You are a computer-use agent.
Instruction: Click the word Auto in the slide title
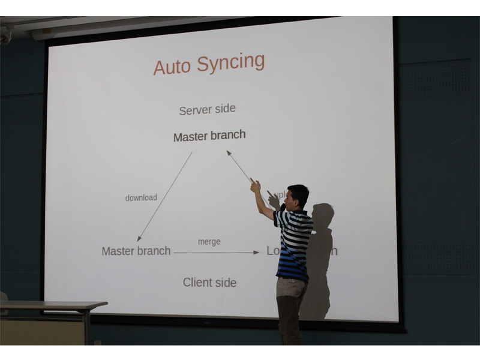point(174,65)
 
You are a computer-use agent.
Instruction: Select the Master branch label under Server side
point(209,136)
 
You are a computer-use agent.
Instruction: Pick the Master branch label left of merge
point(136,251)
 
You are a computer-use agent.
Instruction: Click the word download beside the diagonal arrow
point(141,197)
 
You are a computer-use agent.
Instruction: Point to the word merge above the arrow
point(209,241)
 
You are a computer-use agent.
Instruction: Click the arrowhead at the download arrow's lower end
point(139,239)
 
